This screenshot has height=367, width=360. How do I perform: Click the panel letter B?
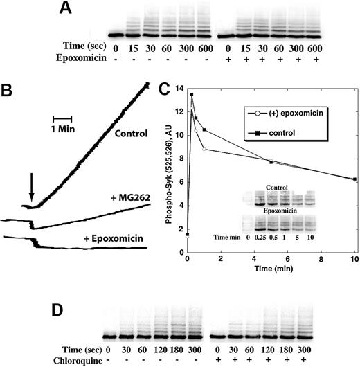(x=8, y=91)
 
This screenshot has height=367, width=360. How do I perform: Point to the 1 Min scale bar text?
(x=63, y=129)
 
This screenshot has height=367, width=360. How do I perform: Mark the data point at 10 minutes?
(x=354, y=179)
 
